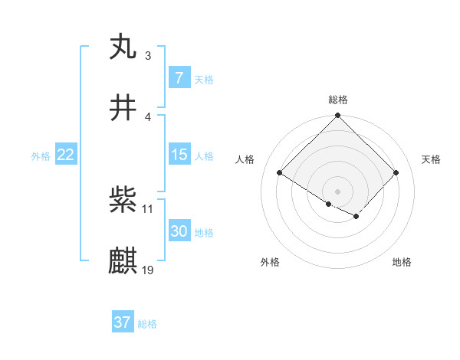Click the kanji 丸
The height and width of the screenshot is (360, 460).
[123, 47]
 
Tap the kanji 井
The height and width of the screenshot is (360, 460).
[123, 108]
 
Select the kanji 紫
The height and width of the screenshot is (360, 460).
[123, 200]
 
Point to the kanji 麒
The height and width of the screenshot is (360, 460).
[123, 261]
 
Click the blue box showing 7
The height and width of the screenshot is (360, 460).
[179, 77]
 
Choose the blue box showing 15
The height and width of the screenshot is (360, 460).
[179, 154]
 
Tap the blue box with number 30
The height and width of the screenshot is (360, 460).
[179, 231]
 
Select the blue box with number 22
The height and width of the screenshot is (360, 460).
[65, 154]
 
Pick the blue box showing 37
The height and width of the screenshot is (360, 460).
[122, 322]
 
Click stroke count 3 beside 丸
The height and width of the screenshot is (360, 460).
[148, 56]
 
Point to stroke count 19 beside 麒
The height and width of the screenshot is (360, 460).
[148, 270]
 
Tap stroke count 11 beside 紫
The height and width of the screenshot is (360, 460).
[148, 208]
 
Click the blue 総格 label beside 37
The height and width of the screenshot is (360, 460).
[147, 324]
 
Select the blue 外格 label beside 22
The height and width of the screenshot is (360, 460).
[41, 155]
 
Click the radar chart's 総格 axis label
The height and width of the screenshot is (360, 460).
[338, 100]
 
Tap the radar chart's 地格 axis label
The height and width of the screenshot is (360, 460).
[402, 262]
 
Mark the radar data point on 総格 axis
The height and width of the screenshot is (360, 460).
[338, 116]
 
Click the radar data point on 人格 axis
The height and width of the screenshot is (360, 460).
[280, 173]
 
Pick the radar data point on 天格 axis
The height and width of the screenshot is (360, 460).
[396, 173]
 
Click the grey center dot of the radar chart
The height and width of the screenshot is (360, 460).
[338, 191]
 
